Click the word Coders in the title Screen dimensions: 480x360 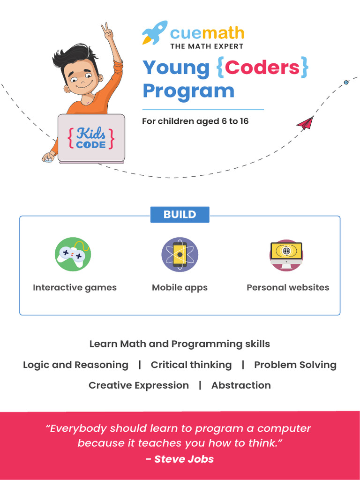262,67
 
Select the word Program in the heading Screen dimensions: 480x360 188,90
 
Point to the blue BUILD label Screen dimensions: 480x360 180,215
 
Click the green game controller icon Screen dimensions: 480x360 73,254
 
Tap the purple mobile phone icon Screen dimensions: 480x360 180,254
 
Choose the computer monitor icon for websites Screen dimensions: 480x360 286,254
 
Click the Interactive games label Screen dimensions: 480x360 75,287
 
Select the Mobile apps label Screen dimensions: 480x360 180,287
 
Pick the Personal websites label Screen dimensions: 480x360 288,287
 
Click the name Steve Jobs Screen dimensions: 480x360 184,459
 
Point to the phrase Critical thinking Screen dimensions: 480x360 191,365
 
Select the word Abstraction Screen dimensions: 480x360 241,385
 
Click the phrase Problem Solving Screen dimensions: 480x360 295,365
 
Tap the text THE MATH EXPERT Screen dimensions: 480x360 207,46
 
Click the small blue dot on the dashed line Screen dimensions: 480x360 346,82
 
